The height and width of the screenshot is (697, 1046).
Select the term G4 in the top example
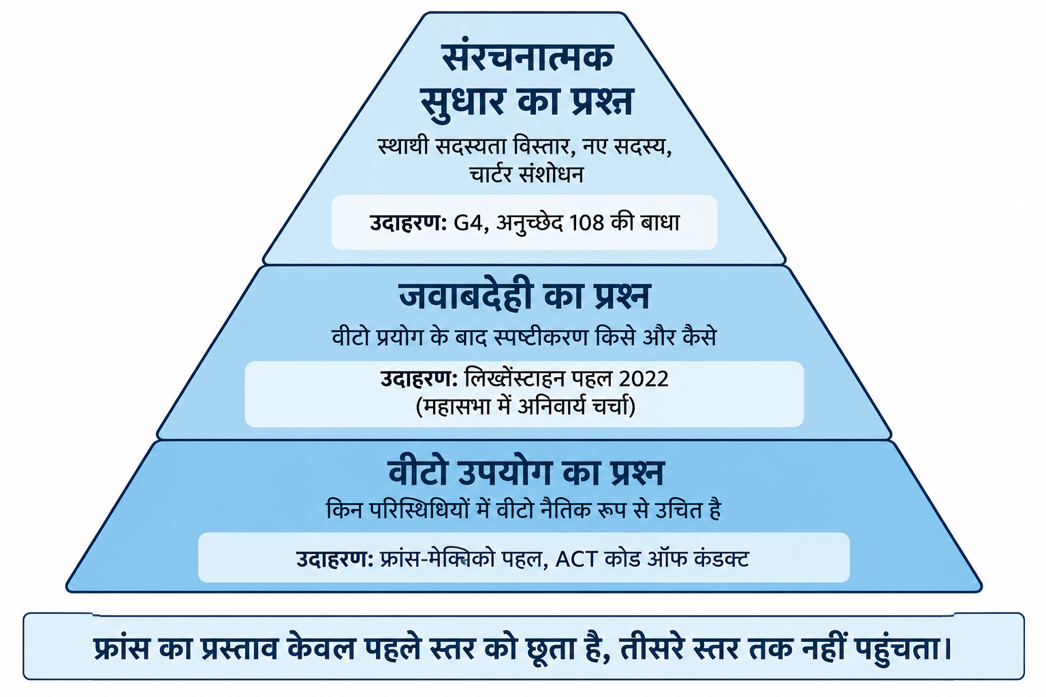pos(469,223)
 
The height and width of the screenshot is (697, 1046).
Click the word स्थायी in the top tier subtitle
pos(403,146)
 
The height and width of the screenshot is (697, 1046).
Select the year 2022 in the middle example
pos(644,378)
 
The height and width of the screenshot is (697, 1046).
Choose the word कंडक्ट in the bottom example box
pos(722,559)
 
